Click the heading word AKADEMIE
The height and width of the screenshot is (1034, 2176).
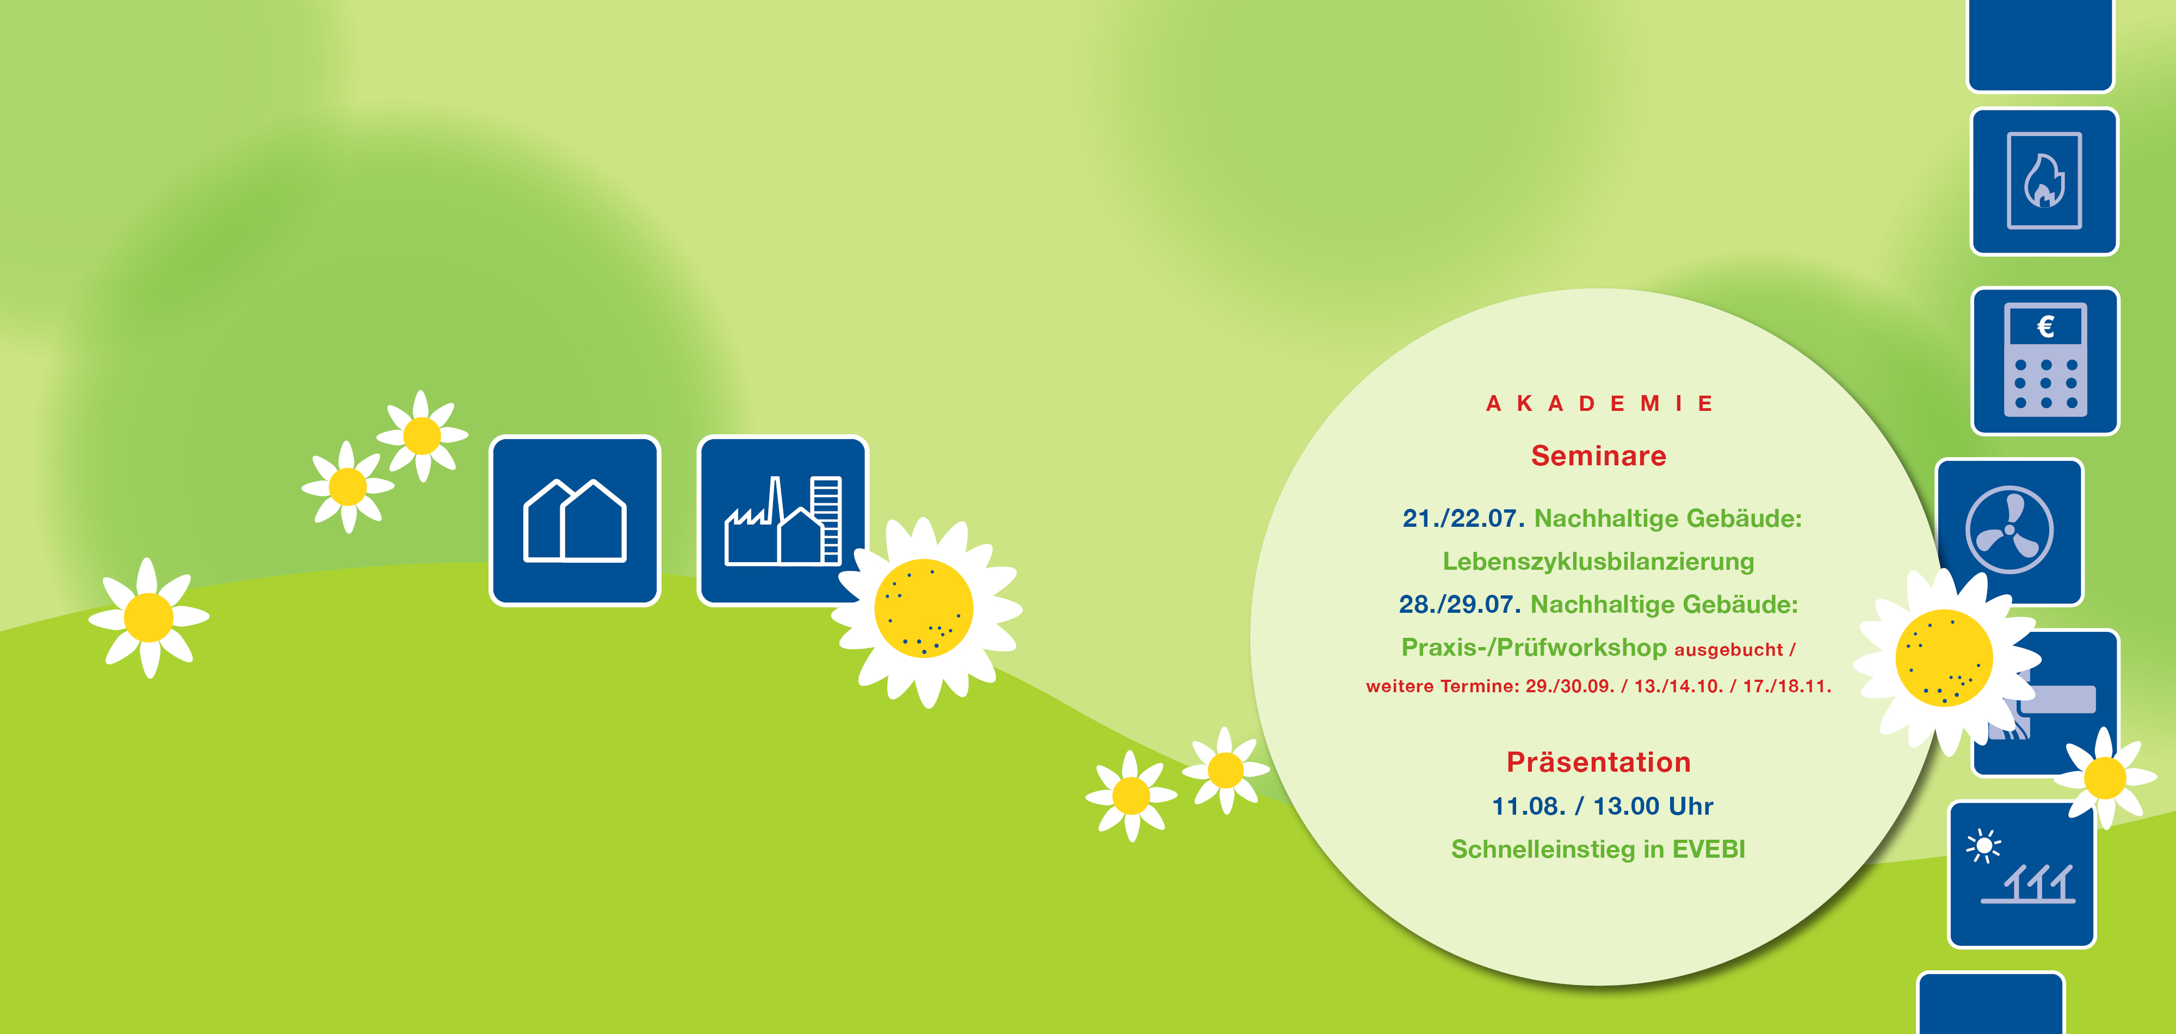(x=1599, y=404)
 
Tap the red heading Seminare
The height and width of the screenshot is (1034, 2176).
(x=1598, y=456)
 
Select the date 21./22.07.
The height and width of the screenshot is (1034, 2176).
(x=1463, y=519)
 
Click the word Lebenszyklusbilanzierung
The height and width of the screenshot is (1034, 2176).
(x=1598, y=562)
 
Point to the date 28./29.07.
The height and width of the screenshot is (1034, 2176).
(x=1460, y=605)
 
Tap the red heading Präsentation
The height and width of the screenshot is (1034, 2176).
(x=1598, y=762)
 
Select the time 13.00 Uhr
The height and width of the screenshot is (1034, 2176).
(x=1653, y=807)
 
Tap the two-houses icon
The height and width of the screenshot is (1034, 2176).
(x=574, y=520)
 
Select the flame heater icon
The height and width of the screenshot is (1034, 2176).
(x=2044, y=181)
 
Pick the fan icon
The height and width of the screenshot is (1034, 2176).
(x=2010, y=531)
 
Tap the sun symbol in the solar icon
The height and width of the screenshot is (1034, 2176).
(x=1982, y=846)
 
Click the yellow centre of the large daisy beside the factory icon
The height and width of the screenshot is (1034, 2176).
(x=923, y=608)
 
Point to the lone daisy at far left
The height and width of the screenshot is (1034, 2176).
(x=149, y=618)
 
